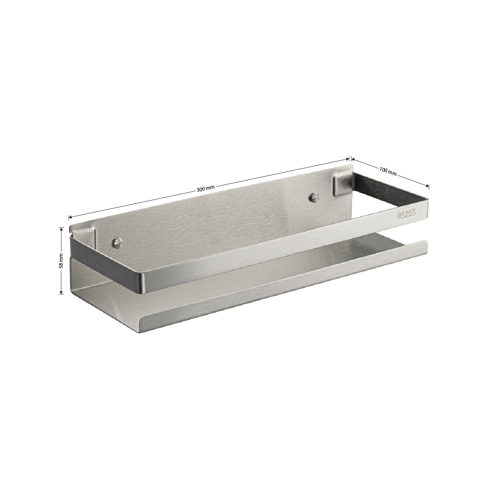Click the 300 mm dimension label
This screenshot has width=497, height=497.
(206, 189)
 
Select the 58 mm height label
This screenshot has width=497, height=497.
(61, 261)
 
